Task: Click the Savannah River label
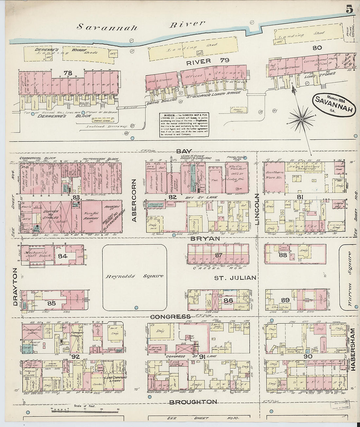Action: (x=141, y=25)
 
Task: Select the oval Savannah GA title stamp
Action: (x=334, y=104)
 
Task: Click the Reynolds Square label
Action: (x=134, y=276)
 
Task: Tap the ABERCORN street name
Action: (x=134, y=200)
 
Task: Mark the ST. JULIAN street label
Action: (x=235, y=278)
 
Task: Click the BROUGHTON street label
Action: (x=193, y=401)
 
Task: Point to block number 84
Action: (x=63, y=256)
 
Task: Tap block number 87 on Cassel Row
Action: (x=219, y=255)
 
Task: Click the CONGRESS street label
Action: (x=170, y=316)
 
